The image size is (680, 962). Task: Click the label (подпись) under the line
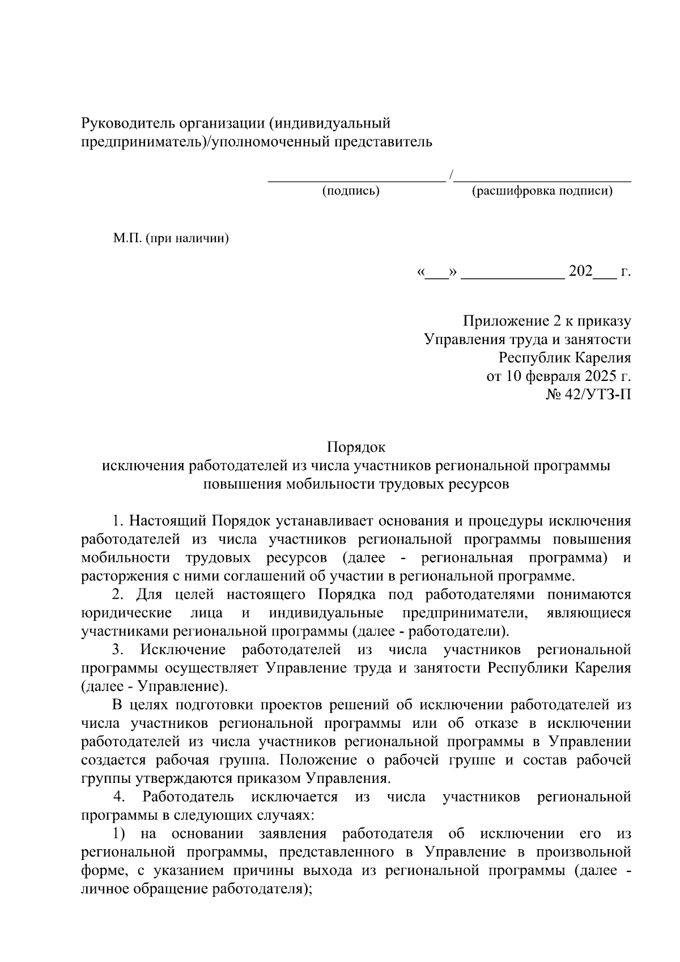pos(351,191)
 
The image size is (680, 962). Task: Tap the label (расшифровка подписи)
pos(542,191)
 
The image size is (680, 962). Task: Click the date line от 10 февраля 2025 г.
pos(559,376)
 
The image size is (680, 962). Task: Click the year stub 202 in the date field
pos(580,272)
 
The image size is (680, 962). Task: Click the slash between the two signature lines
pos(450,176)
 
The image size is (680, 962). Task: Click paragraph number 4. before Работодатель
pos(118,797)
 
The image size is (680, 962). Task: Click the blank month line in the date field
pos(513,275)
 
